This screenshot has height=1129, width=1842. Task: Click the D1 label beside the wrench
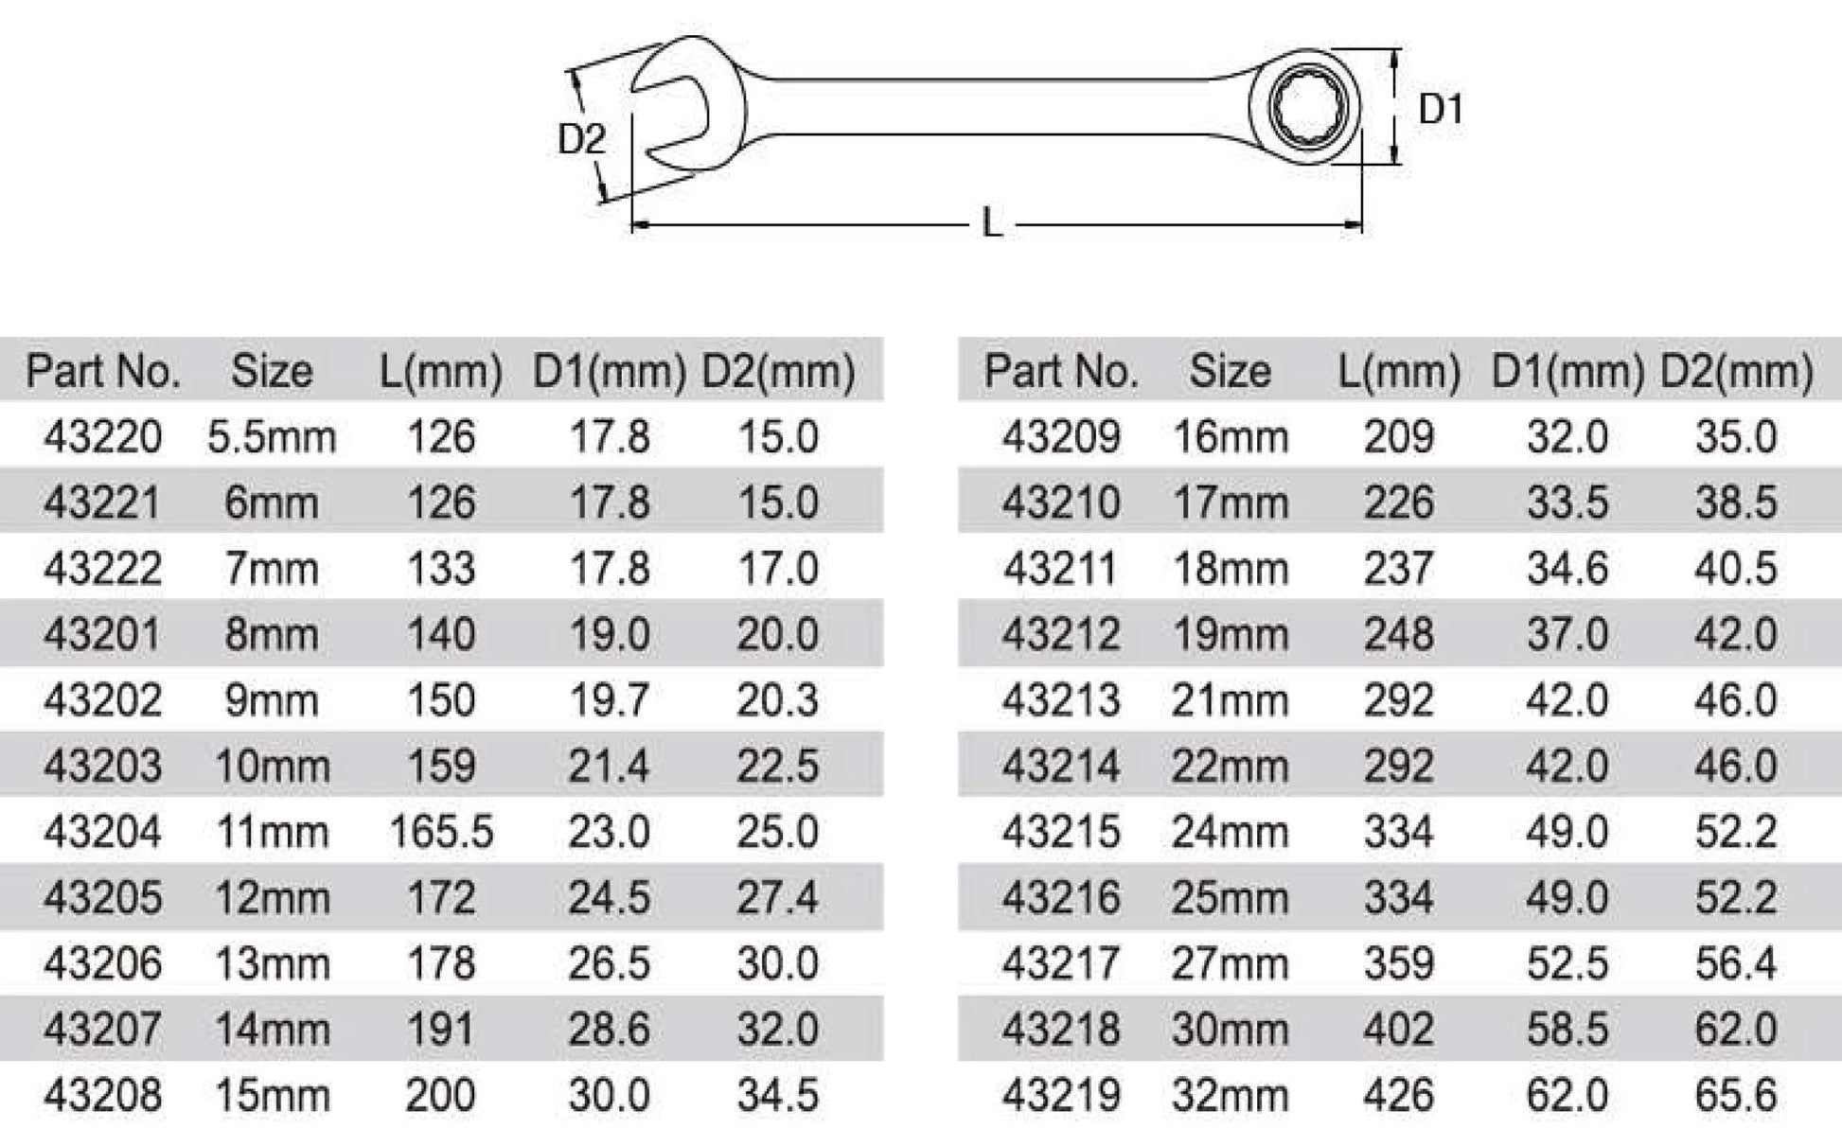[x=1440, y=110]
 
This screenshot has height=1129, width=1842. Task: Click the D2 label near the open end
[x=581, y=139]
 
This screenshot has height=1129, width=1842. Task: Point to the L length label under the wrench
[x=991, y=224]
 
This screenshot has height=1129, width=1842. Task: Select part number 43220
[x=102, y=437]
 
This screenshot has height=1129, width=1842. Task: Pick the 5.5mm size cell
[x=272, y=437]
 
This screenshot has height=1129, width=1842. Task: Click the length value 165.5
[x=441, y=833]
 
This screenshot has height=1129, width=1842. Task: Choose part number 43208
[x=102, y=1096]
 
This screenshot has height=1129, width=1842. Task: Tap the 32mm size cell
[x=1230, y=1096]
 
